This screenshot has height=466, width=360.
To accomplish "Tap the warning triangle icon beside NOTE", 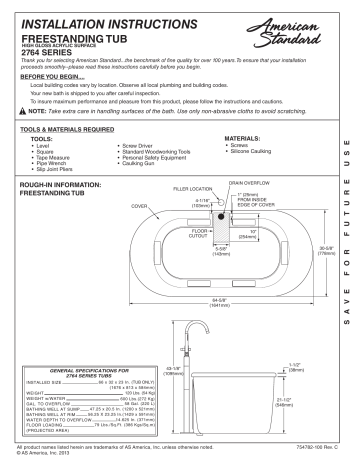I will pos(25,111).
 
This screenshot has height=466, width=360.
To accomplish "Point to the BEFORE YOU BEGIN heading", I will pos(49,76).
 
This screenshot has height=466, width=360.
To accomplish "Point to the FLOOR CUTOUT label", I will pos(199,234).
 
